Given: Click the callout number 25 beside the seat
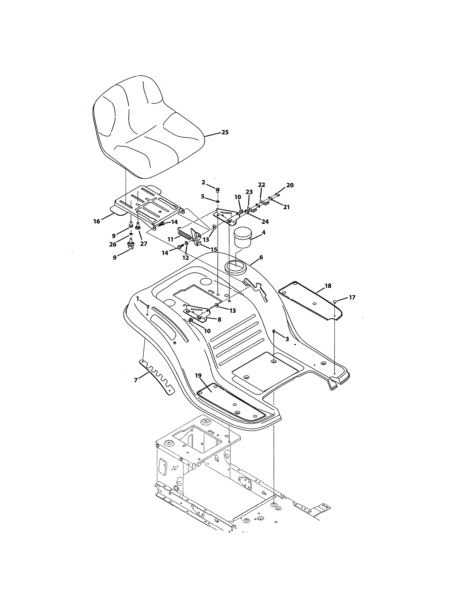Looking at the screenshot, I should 225,132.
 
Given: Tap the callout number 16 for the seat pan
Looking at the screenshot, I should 97,221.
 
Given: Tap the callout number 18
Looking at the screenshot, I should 328,286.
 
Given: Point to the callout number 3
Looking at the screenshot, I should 287,339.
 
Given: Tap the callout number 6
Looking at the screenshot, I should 261,257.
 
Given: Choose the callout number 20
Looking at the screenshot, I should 290,185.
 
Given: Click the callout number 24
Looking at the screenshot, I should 265,222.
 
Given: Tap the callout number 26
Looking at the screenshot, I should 113,245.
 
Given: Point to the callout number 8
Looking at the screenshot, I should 219,319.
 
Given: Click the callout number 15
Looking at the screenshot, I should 214,250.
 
